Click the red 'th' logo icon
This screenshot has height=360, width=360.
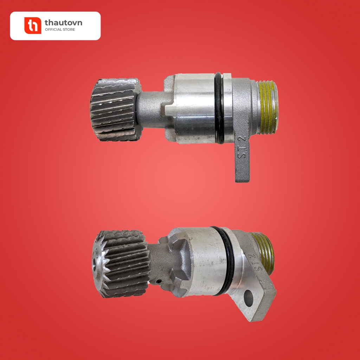click(x=33, y=25)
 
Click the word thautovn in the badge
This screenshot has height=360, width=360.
click(x=63, y=23)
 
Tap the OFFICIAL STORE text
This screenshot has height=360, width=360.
click(x=60, y=30)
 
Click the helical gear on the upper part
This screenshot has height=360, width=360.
click(x=115, y=110)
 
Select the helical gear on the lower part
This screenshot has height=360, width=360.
click(x=121, y=264)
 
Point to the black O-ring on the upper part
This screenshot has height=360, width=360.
click(x=219, y=108)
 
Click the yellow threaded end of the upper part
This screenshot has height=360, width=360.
click(x=268, y=108)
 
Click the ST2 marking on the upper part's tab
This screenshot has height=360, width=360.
click(x=242, y=147)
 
